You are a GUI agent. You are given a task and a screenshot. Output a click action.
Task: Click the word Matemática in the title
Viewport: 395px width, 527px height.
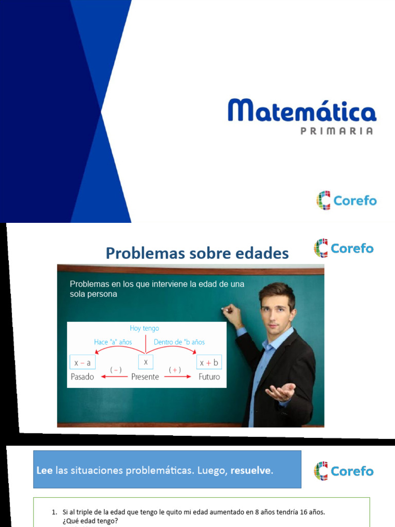pos(302,111)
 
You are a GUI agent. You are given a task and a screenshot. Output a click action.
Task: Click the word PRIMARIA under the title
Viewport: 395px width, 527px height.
pos(336,131)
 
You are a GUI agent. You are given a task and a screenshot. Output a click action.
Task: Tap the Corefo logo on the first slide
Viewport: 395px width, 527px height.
pos(346,200)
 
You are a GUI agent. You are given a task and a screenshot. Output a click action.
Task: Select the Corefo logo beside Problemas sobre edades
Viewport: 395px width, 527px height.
pos(344,248)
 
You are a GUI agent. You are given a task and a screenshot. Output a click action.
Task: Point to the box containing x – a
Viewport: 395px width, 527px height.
pos(82,362)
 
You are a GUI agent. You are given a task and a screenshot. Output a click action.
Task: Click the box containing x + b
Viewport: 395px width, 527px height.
pos(209,362)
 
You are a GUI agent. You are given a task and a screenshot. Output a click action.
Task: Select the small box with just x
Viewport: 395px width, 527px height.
pos(146,362)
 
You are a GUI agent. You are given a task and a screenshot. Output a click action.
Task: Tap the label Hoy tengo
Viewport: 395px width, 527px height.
pos(145,328)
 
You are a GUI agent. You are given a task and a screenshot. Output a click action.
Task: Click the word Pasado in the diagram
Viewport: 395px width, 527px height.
pos(82,377)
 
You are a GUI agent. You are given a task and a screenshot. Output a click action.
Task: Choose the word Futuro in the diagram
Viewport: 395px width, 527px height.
pos(209,377)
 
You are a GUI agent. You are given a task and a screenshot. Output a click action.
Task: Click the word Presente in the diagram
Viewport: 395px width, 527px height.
pos(146,377)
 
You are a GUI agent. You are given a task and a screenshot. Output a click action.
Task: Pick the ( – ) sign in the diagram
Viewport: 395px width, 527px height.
pos(116,370)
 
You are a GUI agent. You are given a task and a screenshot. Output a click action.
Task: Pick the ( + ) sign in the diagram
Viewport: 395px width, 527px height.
pos(175,370)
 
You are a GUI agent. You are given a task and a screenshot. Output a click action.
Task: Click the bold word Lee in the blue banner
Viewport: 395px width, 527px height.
pos(44,471)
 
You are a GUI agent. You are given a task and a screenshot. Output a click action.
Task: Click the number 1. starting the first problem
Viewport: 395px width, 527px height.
pos(55,513)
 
